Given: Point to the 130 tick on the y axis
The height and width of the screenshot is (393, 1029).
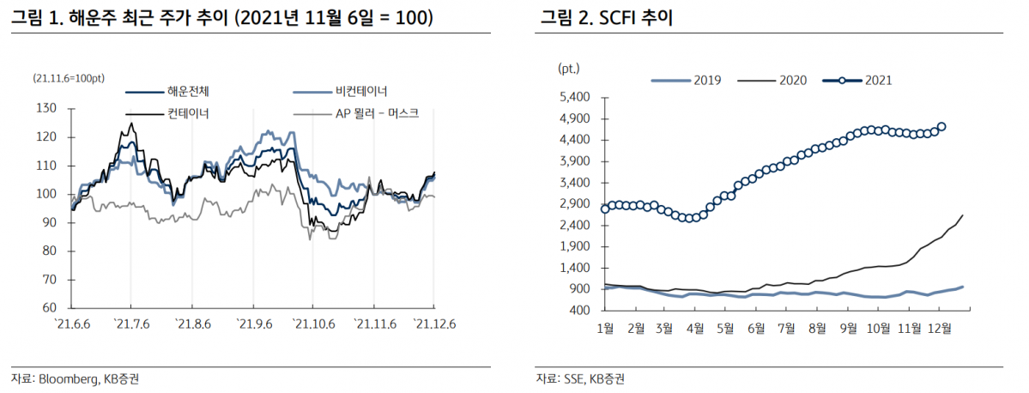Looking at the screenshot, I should (x=47, y=108).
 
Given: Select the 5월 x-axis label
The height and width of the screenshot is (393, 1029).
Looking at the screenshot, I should (x=725, y=327).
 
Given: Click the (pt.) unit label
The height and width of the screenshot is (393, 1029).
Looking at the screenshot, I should (x=569, y=68).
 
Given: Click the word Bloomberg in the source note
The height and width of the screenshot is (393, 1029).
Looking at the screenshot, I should (x=68, y=378).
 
